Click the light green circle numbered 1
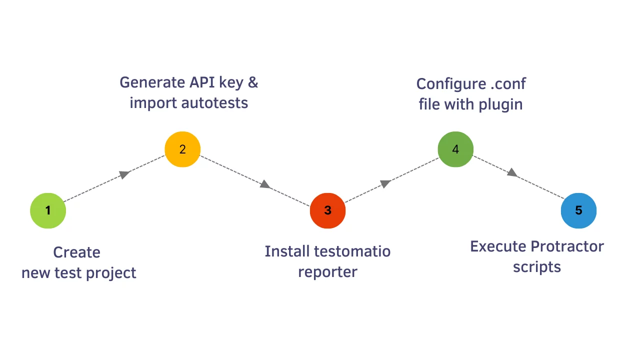point(48,210)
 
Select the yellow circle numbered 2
point(182,149)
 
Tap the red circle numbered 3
point(327,210)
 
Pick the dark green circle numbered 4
point(455,149)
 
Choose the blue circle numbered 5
point(578,210)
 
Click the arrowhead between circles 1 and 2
point(124,174)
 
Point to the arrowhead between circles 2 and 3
point(265,184)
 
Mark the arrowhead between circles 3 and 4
point(385,183)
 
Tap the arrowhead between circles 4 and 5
point(512,172)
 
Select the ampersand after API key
point(253,82)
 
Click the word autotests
point(214,103)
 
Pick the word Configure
point(449,84)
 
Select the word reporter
point(327,272)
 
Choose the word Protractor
point(567,246)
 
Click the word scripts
point(536,267)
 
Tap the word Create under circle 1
point(76,252)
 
